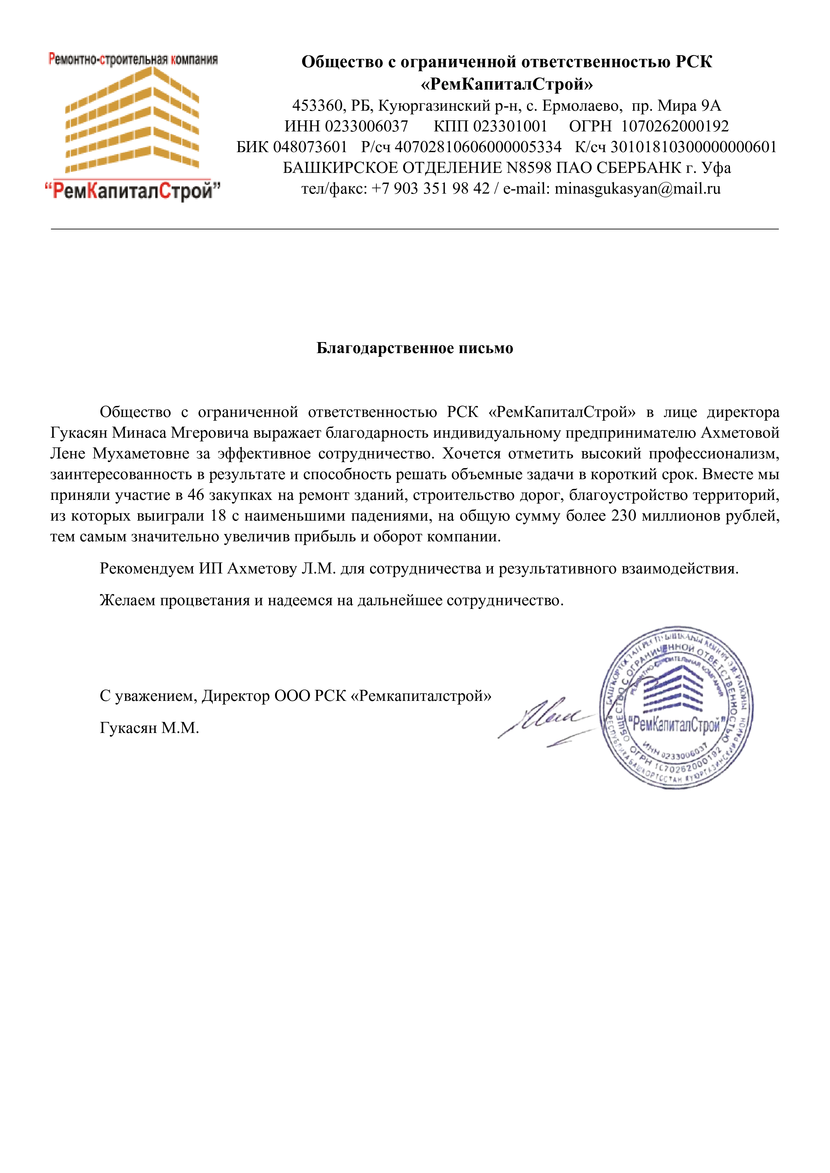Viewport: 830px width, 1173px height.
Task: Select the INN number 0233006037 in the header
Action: [x=366, y=126]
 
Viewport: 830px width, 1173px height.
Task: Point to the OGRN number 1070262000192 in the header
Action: [x=675, y=126]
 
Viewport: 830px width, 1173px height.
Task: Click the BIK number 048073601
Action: [x=310, y=147]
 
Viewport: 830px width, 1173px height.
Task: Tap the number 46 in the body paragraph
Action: [x=196, y=495]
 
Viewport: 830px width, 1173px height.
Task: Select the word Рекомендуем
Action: [x=147, y=569]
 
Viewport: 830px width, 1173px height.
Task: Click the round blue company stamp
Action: [x=676, y=709]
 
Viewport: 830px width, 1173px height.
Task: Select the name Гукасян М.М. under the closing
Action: [x=149, y=728]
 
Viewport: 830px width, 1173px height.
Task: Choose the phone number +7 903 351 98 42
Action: [x=430, y=189]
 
